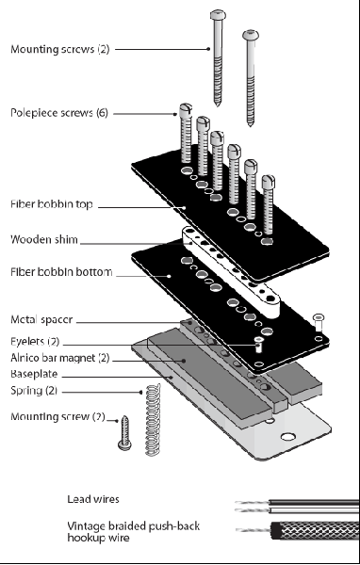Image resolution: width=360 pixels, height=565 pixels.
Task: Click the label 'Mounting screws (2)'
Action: pyautogui.click(x=60, y=49)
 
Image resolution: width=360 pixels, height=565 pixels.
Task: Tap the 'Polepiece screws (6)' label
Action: pyautogui.click(x=59, y=113)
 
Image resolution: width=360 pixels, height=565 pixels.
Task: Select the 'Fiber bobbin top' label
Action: pyautogui.click(x=52, y=204)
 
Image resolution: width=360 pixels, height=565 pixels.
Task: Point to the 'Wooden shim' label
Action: pyautogui.click(x=44, y=239)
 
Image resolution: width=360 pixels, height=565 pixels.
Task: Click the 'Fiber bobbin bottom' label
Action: pyautogui.click(x=61, y=272)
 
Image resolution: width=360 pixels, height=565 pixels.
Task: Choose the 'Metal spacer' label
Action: pyautogui.click(x=41, y=319)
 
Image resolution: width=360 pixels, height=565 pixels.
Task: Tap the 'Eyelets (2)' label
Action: pyautogui.click(x=35, y=341)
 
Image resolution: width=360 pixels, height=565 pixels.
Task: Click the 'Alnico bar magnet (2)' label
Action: pyautogui.click(x=60, y=358)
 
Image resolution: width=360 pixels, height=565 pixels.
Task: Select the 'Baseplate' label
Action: pyautogui.click(x=34, y=374)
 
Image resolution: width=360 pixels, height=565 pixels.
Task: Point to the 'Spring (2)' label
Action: pyautogui.click(x=34, y=391)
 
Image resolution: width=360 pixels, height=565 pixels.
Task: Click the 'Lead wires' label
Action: pyautogui.click(x=93, y=499)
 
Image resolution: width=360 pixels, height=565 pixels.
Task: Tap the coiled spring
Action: pyautogui.click(x=153, y=419)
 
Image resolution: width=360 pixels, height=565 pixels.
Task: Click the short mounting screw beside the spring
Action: pyautogui.click(x=124, y=433)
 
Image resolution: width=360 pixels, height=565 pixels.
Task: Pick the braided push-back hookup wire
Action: pyautogui.click(x=298, y=530)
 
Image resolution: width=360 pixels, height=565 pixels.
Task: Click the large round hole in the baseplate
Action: pyautogui.click(x=287, y=437)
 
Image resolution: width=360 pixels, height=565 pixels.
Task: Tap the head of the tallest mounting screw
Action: pyautogui.click(x=218, y=15)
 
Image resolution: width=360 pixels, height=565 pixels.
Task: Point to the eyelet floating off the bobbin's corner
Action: pyautogui.click(x=319, y=322)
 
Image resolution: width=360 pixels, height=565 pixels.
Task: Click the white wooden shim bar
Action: pyautogui.click(x=231, y=272)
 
